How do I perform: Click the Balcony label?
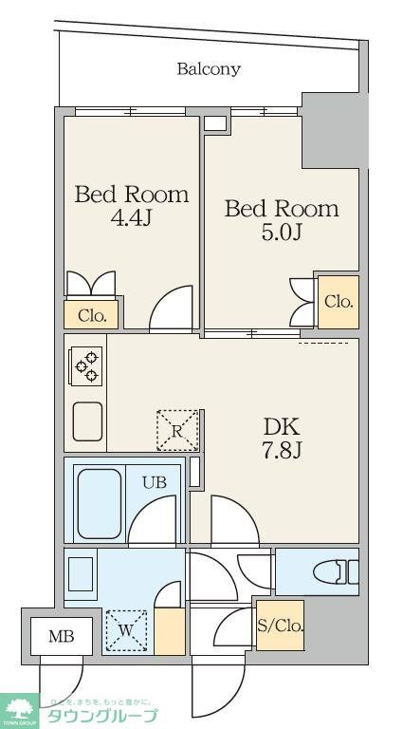(x=208, y=69)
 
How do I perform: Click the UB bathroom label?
(x=155, y=482)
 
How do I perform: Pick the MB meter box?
(x=56, y=636)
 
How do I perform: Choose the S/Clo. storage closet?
(x=280, y=626)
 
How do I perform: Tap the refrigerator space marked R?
(x=177, y=430)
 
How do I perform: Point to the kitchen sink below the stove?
(x=87, y=421)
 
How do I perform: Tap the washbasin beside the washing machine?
(x=82, y=574)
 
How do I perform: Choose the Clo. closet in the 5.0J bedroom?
(x=339, y=302)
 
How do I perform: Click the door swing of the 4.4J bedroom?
(x=173, y=308)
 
